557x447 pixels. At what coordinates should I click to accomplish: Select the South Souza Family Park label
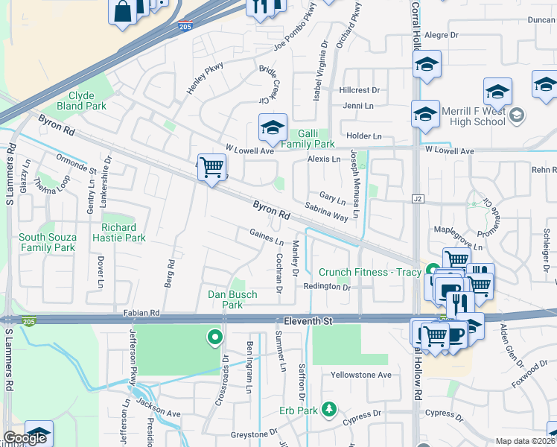pyautogui.click(x=48, y=242)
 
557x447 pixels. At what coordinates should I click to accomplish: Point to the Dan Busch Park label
pyautogui.click(x=232, y=299)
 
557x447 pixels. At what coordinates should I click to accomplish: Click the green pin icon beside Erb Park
pyautogui.click(x=328, y=410)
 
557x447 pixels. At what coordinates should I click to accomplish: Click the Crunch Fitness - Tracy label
pyautogui.click(x=370, y=272)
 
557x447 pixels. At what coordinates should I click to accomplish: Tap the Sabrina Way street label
pyautogui.click(x=326, y=212)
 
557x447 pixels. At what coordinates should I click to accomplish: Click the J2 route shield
pyautogui.click(x=417, y=199)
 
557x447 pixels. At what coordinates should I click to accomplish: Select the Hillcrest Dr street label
pyautogui.click(x=359, y=90)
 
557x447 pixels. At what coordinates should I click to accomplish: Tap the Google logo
pyautogui.click(x=25, y=438)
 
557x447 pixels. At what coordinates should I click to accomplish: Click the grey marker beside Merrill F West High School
pyautogui.click(x=518, y=115)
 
